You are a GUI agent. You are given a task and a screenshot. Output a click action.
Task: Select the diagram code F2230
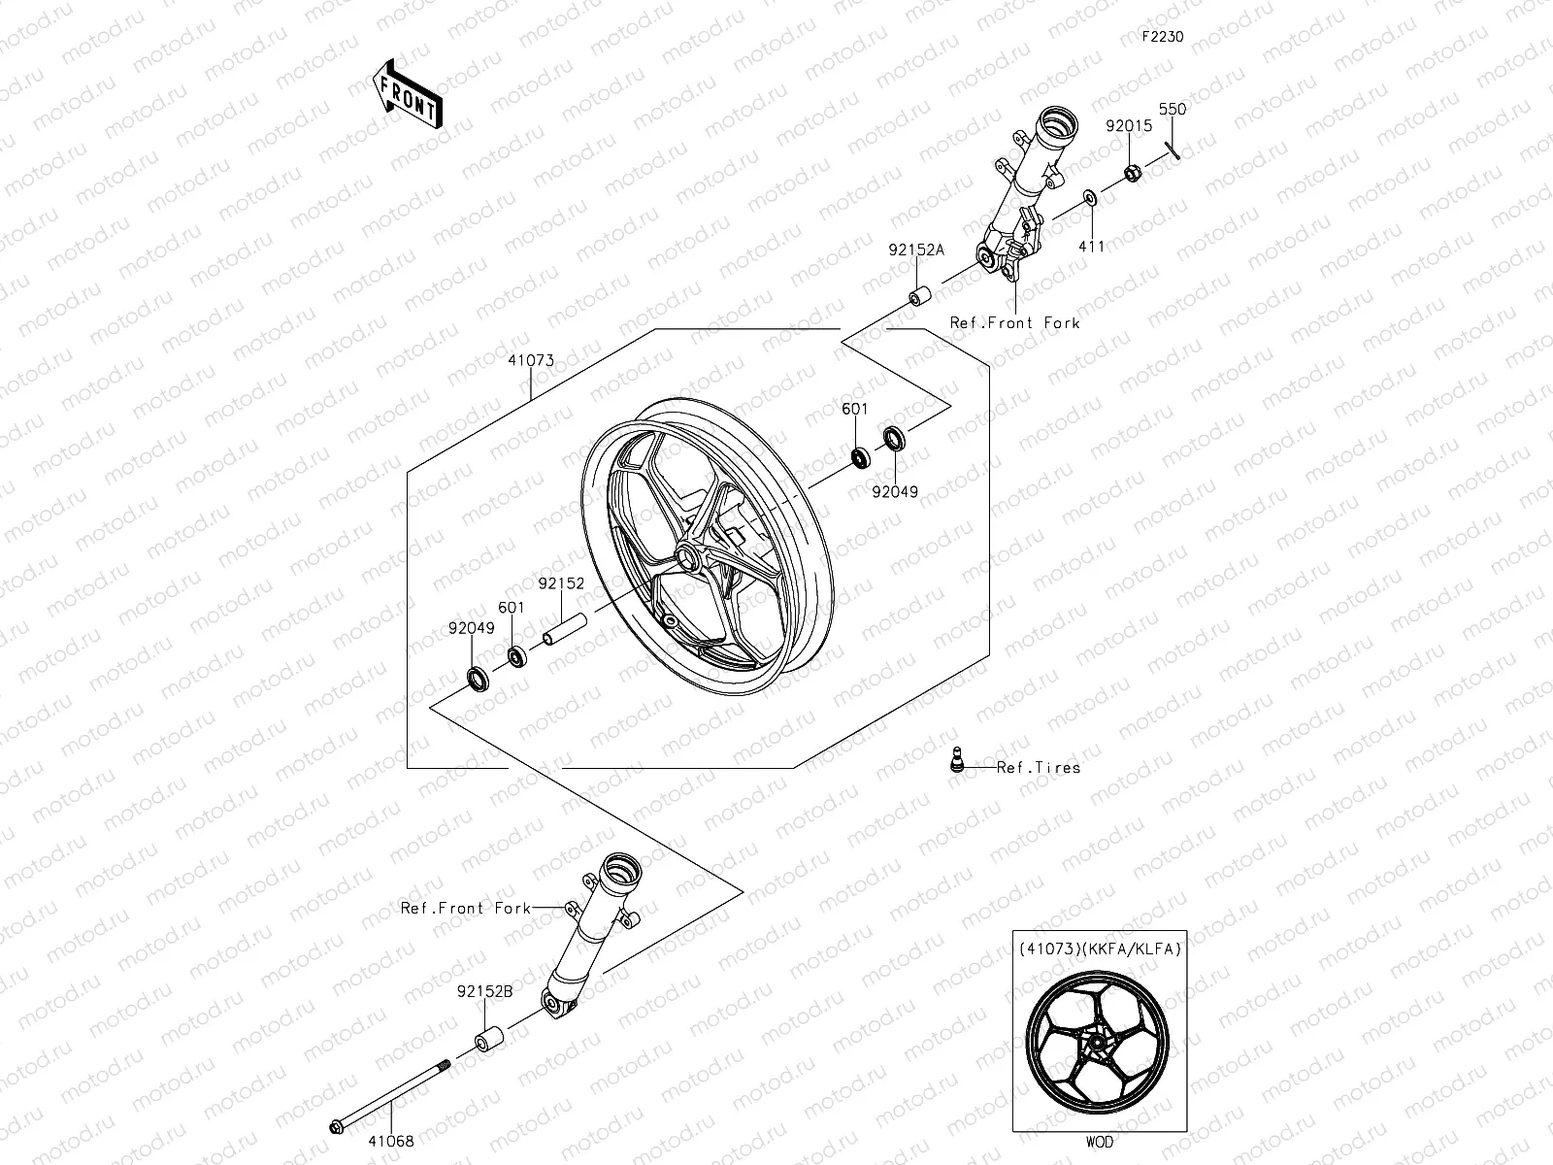1162,37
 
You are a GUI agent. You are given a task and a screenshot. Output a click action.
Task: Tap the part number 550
1173,110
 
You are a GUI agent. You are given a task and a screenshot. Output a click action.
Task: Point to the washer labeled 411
1090,199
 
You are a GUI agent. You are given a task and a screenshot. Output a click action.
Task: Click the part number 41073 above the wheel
530,360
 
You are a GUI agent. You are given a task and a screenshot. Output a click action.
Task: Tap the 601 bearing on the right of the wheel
860,455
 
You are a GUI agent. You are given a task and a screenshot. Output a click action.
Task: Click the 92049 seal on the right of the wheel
894,439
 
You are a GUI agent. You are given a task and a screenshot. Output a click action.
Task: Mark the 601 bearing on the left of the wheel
516,657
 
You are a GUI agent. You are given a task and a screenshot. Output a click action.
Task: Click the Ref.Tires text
1038,767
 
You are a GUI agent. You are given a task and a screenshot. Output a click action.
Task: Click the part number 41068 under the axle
392,1141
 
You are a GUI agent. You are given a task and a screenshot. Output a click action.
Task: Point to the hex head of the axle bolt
336,1126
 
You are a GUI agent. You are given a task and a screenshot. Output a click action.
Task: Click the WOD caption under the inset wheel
1100,1143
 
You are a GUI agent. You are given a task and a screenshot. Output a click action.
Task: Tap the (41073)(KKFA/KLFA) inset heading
1099,949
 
